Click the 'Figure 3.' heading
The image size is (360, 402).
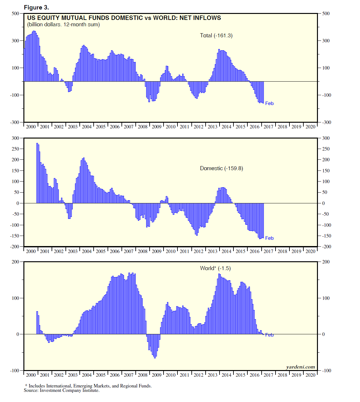coord(36,7)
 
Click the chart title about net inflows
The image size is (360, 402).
coord(124,18)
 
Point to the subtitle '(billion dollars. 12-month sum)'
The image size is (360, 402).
coord(63,25)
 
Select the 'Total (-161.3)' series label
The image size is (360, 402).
coord(216,35)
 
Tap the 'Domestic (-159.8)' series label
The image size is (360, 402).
coord(221,168)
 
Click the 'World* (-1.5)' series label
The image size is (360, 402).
coord(215,268)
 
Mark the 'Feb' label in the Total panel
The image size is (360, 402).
coord(269,103)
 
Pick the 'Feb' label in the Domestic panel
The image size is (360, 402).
coord(269,238)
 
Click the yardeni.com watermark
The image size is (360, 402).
coord(300,367)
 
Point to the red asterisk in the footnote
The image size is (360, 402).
coord(26,386)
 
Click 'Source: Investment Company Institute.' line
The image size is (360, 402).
coord(62,390)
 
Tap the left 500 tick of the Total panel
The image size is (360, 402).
coord(16,14)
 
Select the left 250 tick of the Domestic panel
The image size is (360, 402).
coord(16,149)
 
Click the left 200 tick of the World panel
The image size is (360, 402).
coord(16,262)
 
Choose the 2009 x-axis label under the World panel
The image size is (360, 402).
coord(157,375)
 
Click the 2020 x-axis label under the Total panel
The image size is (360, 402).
coord(310,127)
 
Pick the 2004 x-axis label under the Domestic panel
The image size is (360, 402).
coord(87,251)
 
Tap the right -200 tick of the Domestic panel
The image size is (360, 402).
coord(326,247)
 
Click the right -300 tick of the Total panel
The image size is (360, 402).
coord(326,122)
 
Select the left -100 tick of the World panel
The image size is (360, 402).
coord(15,371)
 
